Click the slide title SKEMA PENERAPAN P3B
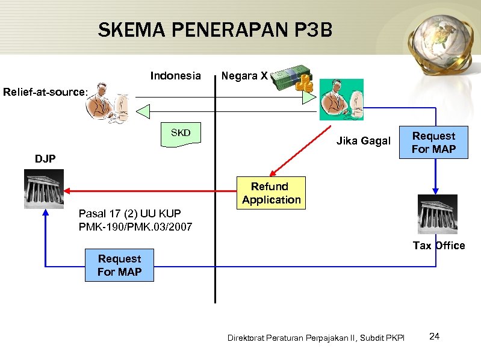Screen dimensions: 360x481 click(215, 29)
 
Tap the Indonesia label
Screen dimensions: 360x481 click(175, 76)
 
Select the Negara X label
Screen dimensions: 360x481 click(244, 76)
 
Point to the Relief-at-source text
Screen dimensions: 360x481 click(45, 92)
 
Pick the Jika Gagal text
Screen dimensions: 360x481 click(363, 141)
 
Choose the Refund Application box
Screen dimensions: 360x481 click(271, 193)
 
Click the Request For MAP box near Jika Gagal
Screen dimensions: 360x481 click(433, 142)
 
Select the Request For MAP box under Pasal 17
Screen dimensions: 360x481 click(119, 265)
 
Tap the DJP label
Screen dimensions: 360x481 click(45, 159)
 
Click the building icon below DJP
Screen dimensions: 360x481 click(43, 188)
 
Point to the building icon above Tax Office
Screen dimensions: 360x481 click(438, 214)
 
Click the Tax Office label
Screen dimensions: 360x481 click(439, 246)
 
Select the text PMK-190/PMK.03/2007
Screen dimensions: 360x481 click(135, 227)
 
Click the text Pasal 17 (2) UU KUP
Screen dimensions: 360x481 click(129, 213)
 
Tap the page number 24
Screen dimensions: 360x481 click(434, 336)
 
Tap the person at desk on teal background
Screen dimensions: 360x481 click(341, 100)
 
